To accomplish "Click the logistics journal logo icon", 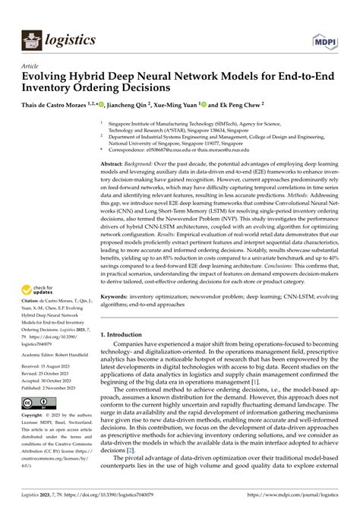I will point(31,40).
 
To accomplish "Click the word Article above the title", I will point(30,67).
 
